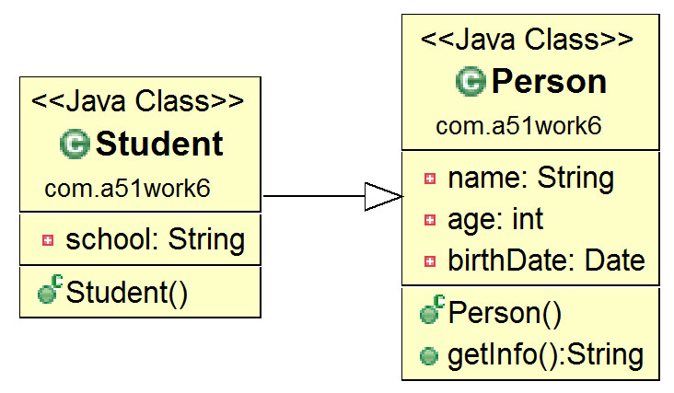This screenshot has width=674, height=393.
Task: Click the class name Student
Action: tap(159, 144)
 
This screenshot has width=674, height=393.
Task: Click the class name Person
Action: tap(549, 82)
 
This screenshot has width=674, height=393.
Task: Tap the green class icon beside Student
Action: tap(75, 144)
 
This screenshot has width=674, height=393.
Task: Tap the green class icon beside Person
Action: tap(471, 82)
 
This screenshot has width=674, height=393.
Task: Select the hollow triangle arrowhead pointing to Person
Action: tap(383, 197)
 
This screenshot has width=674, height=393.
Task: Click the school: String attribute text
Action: tap(156, 239)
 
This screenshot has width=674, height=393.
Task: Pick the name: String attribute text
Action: tap(531, 178)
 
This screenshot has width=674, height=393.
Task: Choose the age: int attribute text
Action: tap(495, 219)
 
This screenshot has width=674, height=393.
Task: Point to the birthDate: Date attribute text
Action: tap(546, 260)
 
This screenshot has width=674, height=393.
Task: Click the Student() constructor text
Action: tap(127, 293)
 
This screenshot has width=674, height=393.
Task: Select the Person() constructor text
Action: tap(505, 313)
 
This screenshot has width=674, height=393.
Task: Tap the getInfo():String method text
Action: tap(545, 354)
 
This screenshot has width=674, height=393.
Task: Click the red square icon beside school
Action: tap(48, 240)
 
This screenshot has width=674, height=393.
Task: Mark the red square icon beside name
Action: tap(430, 179)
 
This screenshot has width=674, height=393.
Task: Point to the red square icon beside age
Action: tap(430, 220)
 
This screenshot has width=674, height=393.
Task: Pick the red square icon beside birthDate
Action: tap(430, 261)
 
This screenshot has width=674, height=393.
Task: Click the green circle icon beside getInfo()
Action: tap(428, 356)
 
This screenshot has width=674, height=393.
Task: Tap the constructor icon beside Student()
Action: tap(50, 290)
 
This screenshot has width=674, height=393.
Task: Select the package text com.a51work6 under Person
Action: tap(518, 126)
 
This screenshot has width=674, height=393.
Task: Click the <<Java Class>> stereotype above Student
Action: tap(137, 101)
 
